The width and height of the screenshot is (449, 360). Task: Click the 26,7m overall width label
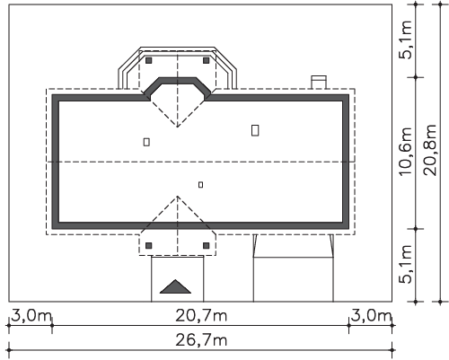coord(201,340)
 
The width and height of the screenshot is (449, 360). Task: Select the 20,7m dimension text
coord(201,316)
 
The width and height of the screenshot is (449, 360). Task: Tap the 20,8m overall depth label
coord(430,150)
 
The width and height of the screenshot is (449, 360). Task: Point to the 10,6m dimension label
coord(406,152)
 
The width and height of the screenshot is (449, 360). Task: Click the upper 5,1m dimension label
coord(406,40)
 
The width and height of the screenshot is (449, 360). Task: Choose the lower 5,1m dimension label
coord(406,264)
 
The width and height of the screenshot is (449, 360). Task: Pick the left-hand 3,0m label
coord(31,316)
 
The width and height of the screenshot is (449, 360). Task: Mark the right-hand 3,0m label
coord(371,316)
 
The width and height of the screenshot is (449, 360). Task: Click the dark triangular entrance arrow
coord(175,286)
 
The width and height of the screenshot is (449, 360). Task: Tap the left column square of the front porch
coord(149,246)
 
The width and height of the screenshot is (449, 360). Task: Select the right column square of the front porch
coord(207,246)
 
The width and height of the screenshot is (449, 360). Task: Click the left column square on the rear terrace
coord(149,60)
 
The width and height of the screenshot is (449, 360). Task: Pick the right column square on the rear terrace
coord(207,60)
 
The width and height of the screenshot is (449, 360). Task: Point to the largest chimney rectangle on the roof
coord(255,130)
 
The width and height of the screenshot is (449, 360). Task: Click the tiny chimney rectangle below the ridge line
coord(200,185)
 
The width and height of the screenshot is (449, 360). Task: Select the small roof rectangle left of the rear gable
coord(146,142)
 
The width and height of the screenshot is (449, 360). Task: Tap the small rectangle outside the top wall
coord(319,83)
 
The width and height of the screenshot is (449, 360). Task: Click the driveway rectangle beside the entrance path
coord(294,279)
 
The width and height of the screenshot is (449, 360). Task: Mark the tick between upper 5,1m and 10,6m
coord(416,77)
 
